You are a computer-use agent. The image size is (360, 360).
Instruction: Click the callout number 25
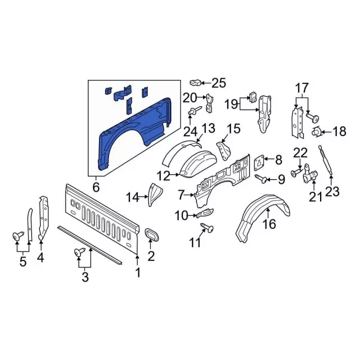(x=218, y=83)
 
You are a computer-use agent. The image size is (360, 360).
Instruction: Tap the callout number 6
(x=96, y=186)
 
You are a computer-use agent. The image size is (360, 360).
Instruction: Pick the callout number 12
(x=163, y=176)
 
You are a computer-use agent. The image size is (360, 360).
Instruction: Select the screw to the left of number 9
(x=261, y=178)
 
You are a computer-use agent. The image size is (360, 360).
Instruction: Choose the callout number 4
(x=40, y=259)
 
